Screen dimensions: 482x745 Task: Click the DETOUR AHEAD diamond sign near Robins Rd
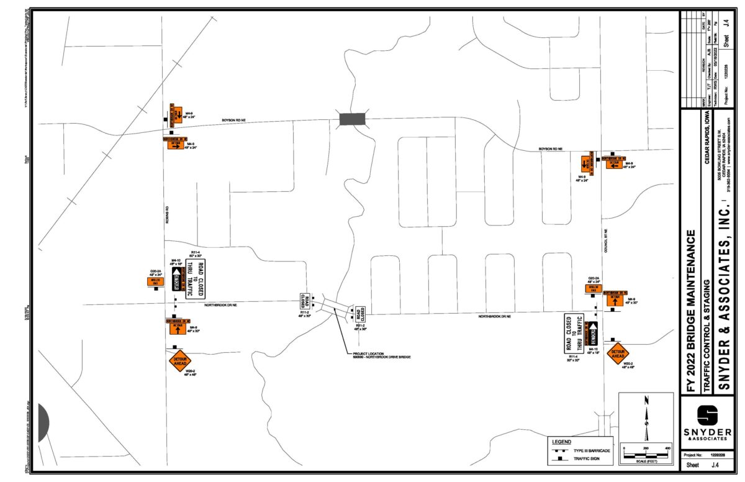(180, 360)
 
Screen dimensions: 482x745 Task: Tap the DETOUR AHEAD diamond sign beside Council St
(618, 354)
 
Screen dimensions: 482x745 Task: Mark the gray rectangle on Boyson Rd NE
(353, 119)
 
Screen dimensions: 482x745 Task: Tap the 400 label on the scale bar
(667, 448)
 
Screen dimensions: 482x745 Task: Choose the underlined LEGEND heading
(561, 442)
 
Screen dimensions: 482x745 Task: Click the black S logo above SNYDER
(708, 416)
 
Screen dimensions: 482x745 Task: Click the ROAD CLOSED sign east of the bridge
(359, 314)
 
